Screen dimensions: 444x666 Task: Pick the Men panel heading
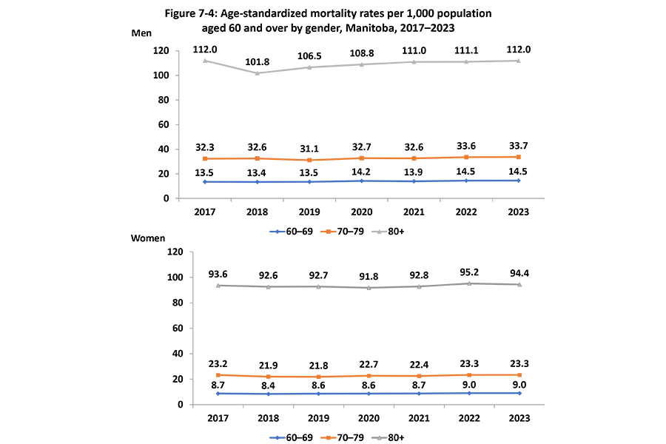tap(141, 34)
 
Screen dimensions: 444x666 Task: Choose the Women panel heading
tap(149, 239)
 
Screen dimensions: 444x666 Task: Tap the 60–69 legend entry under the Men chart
tap(289, 231)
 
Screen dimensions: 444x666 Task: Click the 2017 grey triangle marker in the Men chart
tap(206, 61)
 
